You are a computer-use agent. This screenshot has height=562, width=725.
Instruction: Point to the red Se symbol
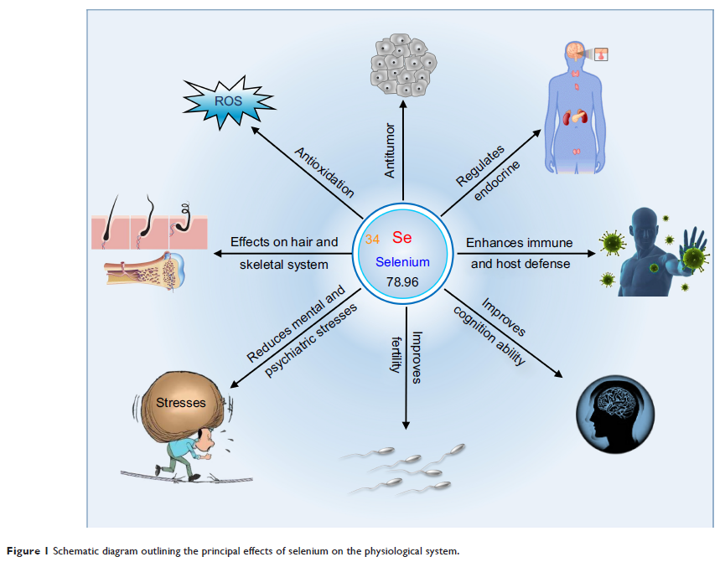pyautogui.click(x=402, y=238)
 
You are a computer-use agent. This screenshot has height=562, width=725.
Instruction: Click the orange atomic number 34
pyautogui.click(x=372, y=240)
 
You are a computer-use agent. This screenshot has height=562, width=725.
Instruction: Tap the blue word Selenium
pyautogui.click(x=403, y=262)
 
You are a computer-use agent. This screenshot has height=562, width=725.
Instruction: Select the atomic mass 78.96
pyautogui.click(x=402, y=281)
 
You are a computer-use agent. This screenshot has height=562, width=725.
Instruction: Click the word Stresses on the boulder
pyautogui.click(x=181, y=403)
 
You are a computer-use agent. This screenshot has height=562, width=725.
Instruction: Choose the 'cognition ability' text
pyautogui.click(x=490, y=336)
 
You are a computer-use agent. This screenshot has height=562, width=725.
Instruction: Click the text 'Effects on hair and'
pyautogui.click(x=284, y=242)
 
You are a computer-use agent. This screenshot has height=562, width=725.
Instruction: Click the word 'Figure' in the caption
pyautogui.click(x=23, y=551)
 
